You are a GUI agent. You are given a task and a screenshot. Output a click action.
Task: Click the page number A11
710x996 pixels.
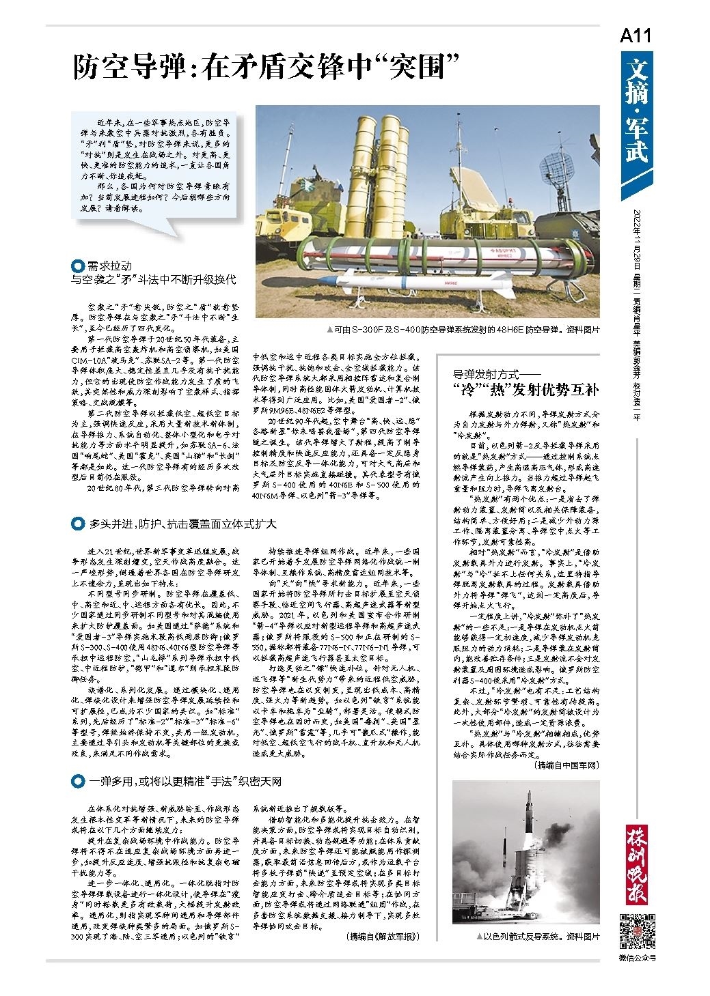pyautogui.click(x=636, y=37)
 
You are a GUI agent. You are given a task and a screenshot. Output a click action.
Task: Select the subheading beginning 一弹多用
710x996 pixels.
pyautogui.click(x=185, y=780)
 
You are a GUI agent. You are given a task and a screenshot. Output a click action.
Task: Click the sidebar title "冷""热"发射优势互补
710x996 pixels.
pyautogui.click(x=525, y=390)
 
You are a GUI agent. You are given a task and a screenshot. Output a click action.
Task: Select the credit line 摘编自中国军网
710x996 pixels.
pyautogui.click(x=565, y=765)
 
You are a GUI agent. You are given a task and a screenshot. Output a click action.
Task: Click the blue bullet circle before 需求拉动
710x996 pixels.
pyautogui.click(x=78, y=266)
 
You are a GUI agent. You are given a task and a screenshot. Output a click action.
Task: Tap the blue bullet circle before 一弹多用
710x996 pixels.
pyautogui.click(x=78, y=780)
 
